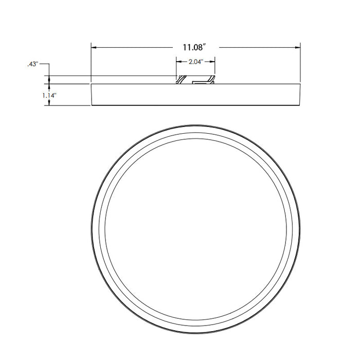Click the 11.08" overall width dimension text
[195, 48]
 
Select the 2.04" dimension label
[195, 62]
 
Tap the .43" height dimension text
[32, 64]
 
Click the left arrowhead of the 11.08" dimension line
[93, 48]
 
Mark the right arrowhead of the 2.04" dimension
[212, 62]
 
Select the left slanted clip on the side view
[181, 80]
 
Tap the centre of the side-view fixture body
[195, 94]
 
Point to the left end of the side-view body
[92, 94]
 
